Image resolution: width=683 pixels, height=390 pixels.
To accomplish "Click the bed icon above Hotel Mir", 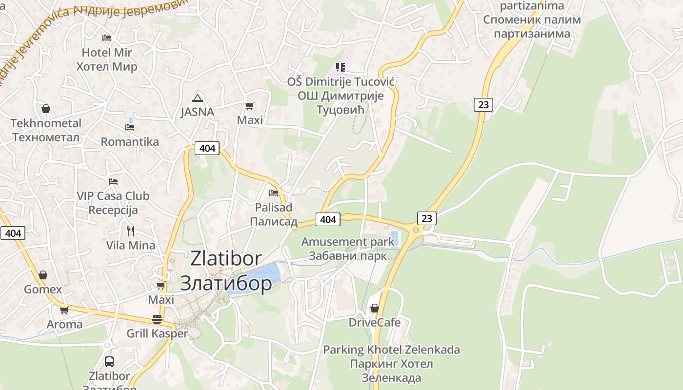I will pyautogui.click(x=107, y=38).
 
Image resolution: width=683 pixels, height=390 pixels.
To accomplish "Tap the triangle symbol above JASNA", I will pyautogui.click(x=197, y=98).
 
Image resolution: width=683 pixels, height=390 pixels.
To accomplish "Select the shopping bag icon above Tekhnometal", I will pyautogui.click(x=45, y=109).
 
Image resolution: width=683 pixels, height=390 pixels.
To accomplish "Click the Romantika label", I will pyautogui.click(x=130, y=142).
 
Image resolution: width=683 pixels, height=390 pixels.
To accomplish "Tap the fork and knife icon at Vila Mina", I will pyautogui.click(x=131, y=231).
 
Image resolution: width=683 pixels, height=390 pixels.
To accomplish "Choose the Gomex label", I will pyautogui.click(x=43, y=290).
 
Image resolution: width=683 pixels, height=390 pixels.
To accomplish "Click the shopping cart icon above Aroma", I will pyautogui.click(x=64, y=310).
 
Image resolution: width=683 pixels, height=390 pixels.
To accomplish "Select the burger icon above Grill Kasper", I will pyautogui.click(x=157, y=319).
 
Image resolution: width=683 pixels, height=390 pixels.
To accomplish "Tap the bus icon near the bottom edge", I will pyautogui.click(x=109, y=362).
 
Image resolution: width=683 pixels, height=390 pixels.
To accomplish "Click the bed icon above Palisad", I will pyautogui.click(x=273, y=193).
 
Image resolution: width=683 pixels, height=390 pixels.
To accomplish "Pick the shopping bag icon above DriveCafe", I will pyautogui.click(x=374, y=308).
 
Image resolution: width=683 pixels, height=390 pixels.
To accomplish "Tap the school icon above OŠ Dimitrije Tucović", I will pyautogui.click(x=340, y=67).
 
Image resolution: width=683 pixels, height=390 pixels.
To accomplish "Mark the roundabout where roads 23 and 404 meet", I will pyautogui.click(x=416, y=230).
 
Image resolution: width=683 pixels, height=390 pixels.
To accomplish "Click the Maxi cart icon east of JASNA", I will pyautogui.click(x=250, y=106).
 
